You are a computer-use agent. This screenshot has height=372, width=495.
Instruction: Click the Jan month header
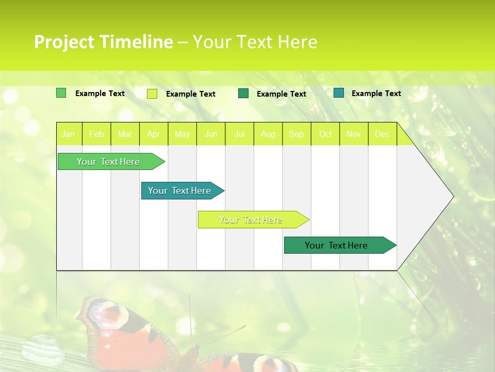click(x=68, y=134)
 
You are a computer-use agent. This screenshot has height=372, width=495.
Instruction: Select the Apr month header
click(x=153, y=134)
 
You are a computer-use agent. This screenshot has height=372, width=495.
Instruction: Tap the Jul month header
click(x=239, y=134)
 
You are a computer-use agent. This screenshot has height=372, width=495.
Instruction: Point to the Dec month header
click(x=382, y=134)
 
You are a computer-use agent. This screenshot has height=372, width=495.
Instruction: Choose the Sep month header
click(x=296, y=134)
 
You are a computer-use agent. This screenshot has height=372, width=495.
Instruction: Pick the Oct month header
click(x=325, y=134)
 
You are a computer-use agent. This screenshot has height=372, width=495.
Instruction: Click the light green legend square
click(x=61, y=93)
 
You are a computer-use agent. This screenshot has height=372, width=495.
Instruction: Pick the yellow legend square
click(x=152, y=94)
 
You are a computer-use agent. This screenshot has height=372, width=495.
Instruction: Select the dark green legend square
click(x=243, y=94)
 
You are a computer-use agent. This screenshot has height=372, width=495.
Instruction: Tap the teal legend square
click(x=339, y=93)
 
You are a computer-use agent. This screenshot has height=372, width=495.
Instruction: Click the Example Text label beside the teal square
click(x=376, y=94)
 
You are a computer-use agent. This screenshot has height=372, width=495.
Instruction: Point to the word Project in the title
click(x=64, y=42)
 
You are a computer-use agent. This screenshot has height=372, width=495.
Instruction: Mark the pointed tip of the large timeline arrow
click(x=453, y=196)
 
